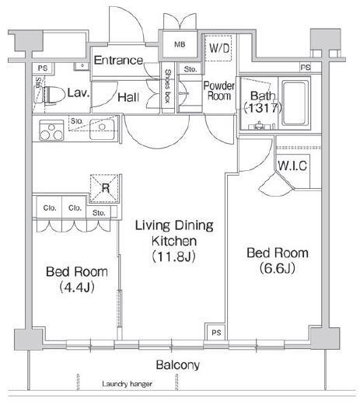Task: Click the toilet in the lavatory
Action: [x=50, y=95]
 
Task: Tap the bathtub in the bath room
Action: [x=295, y=103]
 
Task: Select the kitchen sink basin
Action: [x=102, y=129]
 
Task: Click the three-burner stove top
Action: [x=51, y=130]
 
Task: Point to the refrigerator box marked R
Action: [x=105, y=188]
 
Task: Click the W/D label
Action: [x=219, y=48]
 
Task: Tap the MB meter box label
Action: [x=180, y=44]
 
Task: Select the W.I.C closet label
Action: [x=292, y=166]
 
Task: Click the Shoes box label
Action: [x=167, y=86]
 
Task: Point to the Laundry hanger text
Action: [x=127, y=384]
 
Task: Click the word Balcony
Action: [x=178, y=365]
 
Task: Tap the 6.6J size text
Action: [x=278, y=268]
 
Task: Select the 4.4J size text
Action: [x=76, y=288]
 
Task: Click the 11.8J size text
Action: [x=173, y=256]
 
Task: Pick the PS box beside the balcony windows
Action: [x=216, y=332]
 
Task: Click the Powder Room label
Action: [x=219, y=91]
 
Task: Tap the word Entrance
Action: [x=118, y=61]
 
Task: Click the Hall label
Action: [x=128, y=98]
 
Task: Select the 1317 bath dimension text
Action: [x=263, y=108]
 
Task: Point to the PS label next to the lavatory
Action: [x=43, y=68]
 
